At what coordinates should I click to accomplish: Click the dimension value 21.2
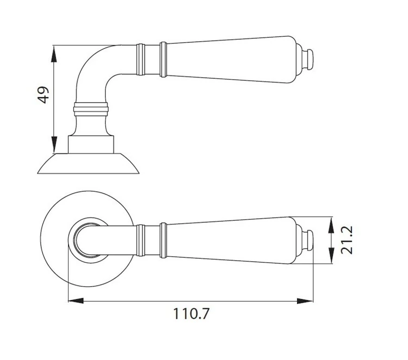click(x=347, y=240)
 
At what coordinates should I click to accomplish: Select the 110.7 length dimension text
click(x=191, y=314)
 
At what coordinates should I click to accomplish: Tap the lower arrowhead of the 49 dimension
click(x=54, y=144)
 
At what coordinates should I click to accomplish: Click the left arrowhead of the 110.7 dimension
click(x=76, y=301)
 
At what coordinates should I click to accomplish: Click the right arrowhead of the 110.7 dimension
click(x=305, y=301)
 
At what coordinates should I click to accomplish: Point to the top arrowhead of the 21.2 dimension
click(x=331, y=225)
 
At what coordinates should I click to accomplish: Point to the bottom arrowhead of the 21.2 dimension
click(x=331, y=255)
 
